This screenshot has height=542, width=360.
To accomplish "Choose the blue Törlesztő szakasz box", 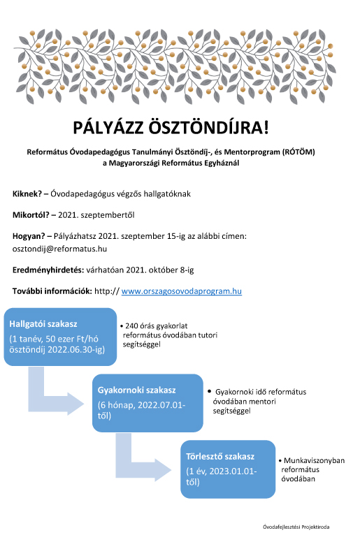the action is pos(226,469).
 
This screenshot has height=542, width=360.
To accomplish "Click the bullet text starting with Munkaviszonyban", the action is pos(313,469).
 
